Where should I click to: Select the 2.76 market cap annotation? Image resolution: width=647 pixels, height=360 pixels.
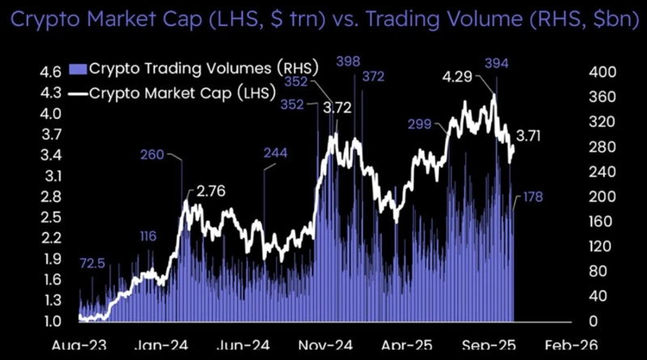[210, 193]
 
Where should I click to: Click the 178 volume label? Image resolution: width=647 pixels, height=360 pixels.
[531, 197]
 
